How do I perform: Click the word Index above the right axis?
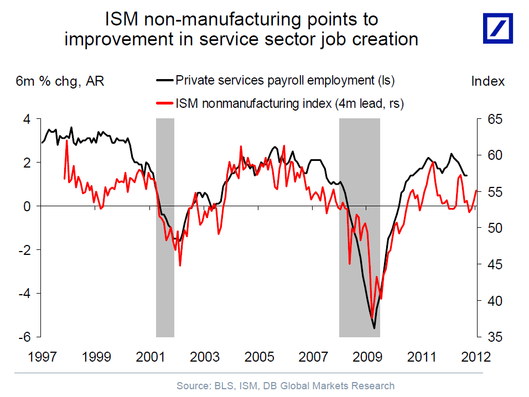pyautogui.click(x=487, y=81)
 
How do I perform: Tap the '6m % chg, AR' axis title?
pyautogui.click(x=60, y=81)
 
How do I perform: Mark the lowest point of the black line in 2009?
pyautogui.click(x=375, y=328)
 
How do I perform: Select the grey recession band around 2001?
pyautogui.click(x=165, y=227)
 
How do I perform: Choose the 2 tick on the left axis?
pyautogui.click(x=25, y=163)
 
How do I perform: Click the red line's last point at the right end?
pyautogui.click(x=476, y=191)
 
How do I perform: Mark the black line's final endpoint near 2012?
pyautogui.click(x=467, y=175)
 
